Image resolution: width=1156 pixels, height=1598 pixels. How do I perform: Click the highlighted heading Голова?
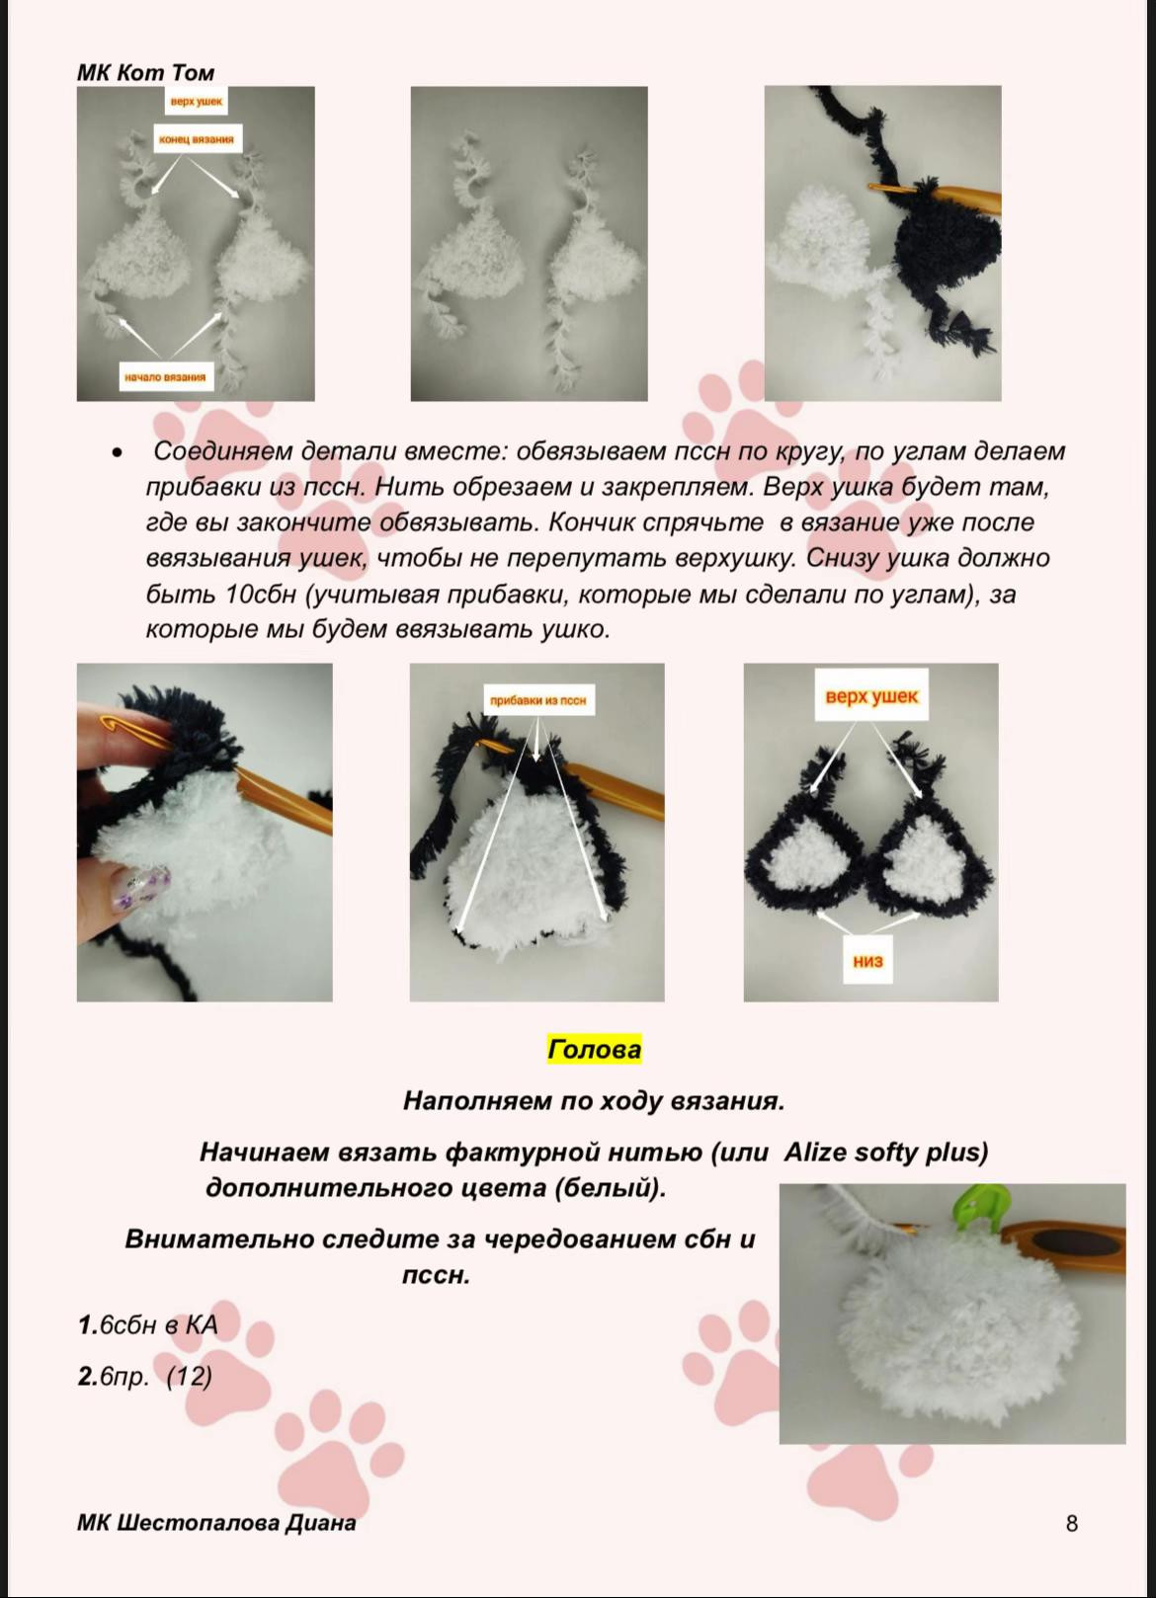[x=595, y=1050]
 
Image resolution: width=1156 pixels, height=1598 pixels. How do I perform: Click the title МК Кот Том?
[x=145, y=72]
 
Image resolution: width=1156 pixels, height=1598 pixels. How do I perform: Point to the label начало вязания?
[x=165, y=376]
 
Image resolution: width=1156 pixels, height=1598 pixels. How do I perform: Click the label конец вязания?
[x=197, y=139]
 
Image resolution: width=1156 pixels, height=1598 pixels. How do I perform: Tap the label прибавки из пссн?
[x=537, y=700]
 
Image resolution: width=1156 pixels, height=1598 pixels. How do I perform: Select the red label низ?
[x=867, y=961]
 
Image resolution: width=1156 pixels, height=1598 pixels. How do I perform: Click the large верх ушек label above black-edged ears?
[x=871, y=696]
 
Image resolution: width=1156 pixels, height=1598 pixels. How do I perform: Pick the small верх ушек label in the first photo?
[x=196, y=102]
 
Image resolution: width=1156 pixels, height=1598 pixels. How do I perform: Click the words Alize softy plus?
[x=885, y=1152]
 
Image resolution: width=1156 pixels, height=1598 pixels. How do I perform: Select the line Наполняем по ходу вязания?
[x=594, y=1101]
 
